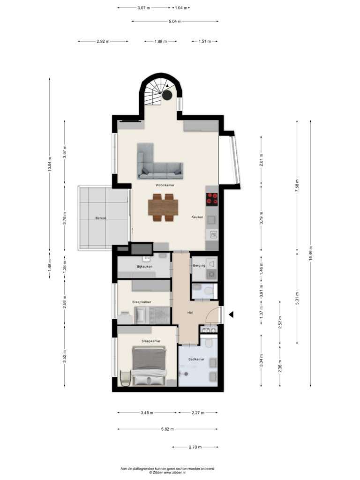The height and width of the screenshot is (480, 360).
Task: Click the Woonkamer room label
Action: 165,185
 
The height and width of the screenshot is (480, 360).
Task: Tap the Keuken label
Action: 197,217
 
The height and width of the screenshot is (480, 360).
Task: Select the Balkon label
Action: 101,218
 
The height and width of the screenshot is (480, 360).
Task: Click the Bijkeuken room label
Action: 144,267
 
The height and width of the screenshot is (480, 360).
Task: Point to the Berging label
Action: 199,266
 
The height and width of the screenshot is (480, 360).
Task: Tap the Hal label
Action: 190,313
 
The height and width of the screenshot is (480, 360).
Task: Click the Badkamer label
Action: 196,360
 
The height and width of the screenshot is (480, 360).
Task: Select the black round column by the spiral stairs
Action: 167,95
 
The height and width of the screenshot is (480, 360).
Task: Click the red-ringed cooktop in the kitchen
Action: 212,198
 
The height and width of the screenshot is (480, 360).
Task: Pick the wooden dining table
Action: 163,207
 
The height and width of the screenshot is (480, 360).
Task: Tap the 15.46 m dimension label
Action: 311,254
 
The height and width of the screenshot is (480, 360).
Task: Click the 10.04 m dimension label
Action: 50,165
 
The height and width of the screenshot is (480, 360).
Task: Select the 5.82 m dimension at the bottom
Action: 167,429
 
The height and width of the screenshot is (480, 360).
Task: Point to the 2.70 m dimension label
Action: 195,447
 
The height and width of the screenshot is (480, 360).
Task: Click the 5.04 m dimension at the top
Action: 175,22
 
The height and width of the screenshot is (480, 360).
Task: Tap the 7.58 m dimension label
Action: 297,186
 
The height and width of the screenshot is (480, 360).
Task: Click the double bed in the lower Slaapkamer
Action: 149,366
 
